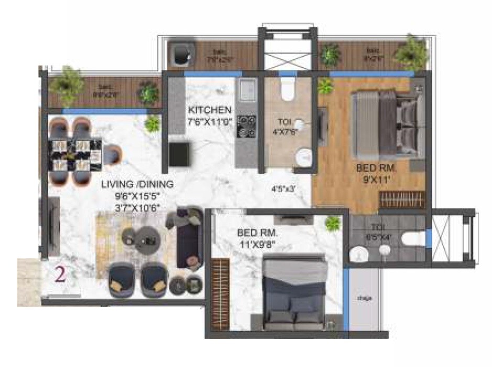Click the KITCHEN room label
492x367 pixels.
click(x=210, y=110)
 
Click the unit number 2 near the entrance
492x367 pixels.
click(x=60, y=275)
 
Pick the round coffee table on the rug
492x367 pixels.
click(x=145, y=240)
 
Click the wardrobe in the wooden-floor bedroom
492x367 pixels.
click(x=401, y=200)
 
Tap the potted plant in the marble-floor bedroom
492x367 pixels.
click(x=332, y=224)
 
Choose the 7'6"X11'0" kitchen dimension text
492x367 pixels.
click(x=210, y=123)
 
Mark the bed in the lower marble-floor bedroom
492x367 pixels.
click(x=293, y=294)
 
